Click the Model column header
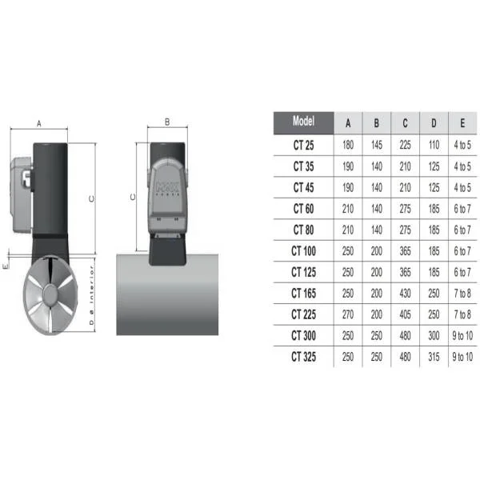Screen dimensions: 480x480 click(303, 121)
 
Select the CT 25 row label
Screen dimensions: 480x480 click(303, 145)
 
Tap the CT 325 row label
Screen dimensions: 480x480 click(303, 357)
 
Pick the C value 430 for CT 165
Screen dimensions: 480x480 click(405, 294)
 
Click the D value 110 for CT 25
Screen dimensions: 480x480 click(434, 145)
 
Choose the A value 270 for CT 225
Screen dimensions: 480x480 click(348, 314)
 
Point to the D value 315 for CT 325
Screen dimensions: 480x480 click(434, 357)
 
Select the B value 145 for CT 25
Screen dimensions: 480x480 click(377, 145)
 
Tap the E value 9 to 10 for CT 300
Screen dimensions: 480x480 click(462, 335)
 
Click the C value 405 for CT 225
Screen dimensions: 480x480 click(405, 314)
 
